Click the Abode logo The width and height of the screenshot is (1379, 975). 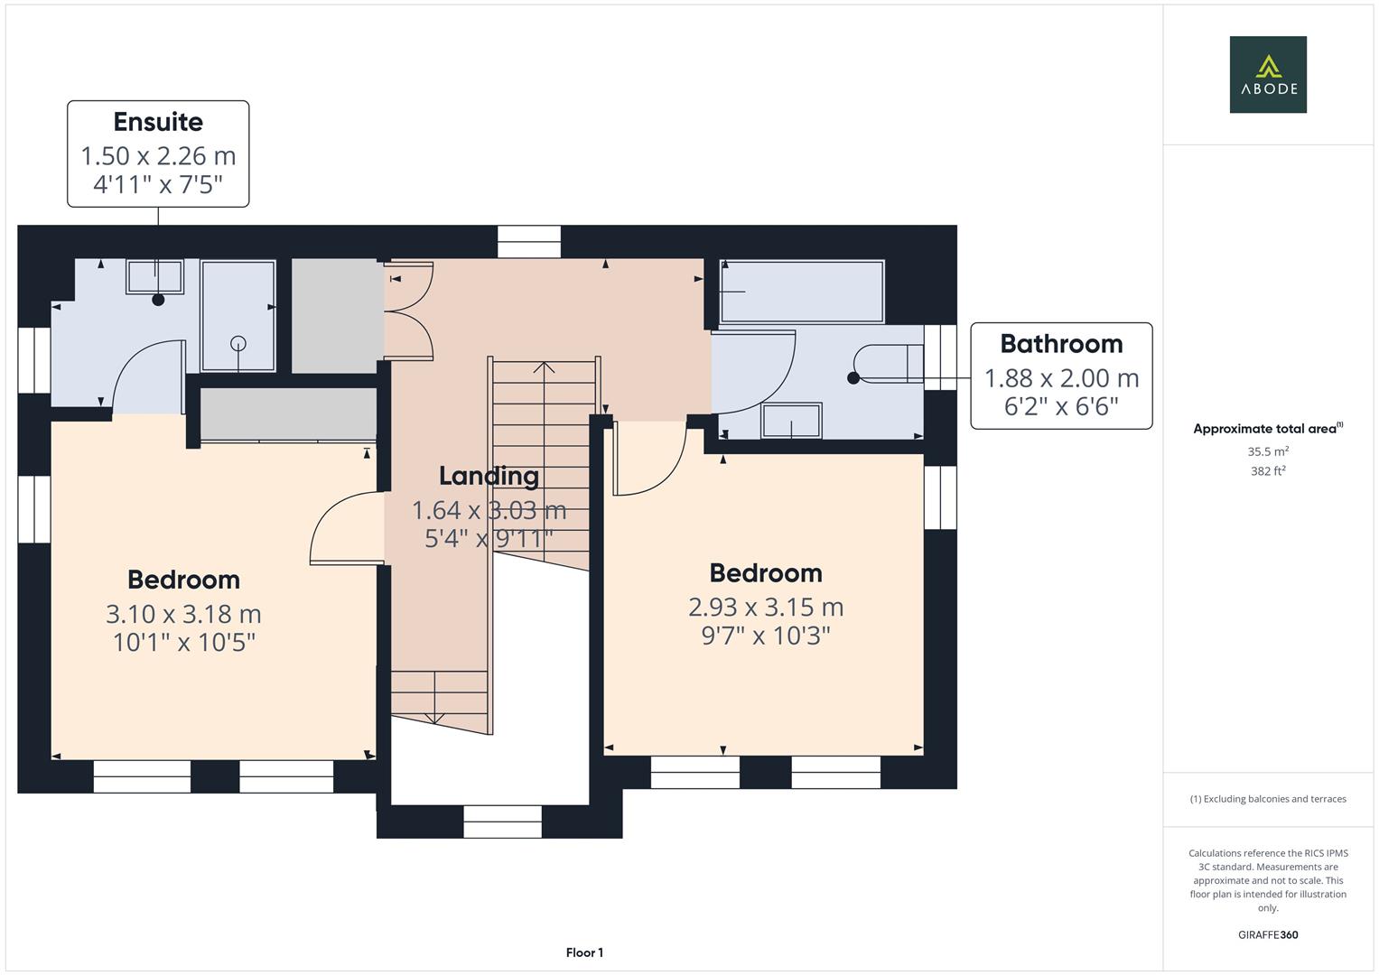pos(1267,75)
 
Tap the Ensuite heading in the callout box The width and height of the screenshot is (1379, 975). pos(158,122)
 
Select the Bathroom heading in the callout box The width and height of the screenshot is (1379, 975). pos(1061,344)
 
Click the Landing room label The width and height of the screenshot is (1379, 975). pos(489,476)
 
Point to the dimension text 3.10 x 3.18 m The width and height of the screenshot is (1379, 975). pos(183,614)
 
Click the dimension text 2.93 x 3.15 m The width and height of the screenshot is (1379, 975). pos(765,607)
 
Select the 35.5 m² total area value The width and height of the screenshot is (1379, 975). pos(1267,451)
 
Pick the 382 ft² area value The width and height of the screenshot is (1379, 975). pos(1267,471)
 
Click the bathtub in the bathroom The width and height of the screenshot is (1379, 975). pos(801,292)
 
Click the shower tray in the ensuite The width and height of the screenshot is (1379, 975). pos(238,316)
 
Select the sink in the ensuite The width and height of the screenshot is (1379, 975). pos(154,276)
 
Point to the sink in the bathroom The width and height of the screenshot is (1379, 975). pos(791,421)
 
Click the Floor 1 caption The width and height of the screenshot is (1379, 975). pos(584,952)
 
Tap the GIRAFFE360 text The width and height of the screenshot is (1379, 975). pos(1267,935)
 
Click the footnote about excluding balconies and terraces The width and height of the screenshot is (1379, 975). pos(1267,799)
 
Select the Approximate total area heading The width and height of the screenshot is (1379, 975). pos(1267,429)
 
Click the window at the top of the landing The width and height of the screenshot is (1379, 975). pos(529,242)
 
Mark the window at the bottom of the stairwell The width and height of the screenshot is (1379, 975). pos(502,822)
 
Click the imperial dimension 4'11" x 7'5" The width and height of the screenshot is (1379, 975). pos(158,185)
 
